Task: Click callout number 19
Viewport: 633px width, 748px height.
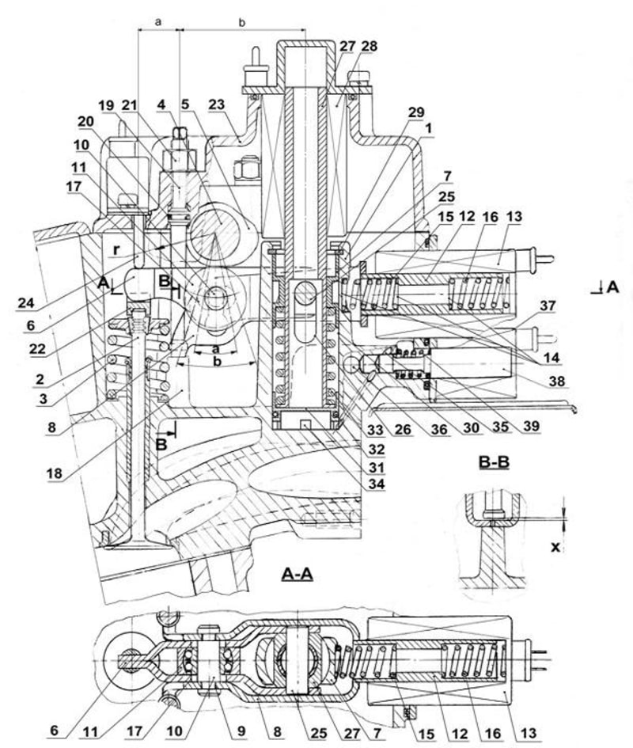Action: [108, 105]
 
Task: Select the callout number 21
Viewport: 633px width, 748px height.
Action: [129, 105]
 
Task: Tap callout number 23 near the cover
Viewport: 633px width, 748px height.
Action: [216, 104]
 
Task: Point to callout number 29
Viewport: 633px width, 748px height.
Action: [416, 112]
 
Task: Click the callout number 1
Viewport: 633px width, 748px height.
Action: [428, 128]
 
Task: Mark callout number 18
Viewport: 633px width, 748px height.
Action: [55, 473]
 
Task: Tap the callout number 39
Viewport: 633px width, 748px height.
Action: [530, 426]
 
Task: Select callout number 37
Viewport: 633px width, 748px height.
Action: [548, 306]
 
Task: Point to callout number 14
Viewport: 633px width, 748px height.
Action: [548, 358]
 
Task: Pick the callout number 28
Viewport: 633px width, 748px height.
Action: [370, 46]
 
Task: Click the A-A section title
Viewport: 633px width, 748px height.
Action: [298, 574]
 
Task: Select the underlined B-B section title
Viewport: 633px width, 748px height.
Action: [494, 462]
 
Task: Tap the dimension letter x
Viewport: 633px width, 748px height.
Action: [555, 547]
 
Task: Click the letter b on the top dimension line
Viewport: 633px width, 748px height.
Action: [242, 22]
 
